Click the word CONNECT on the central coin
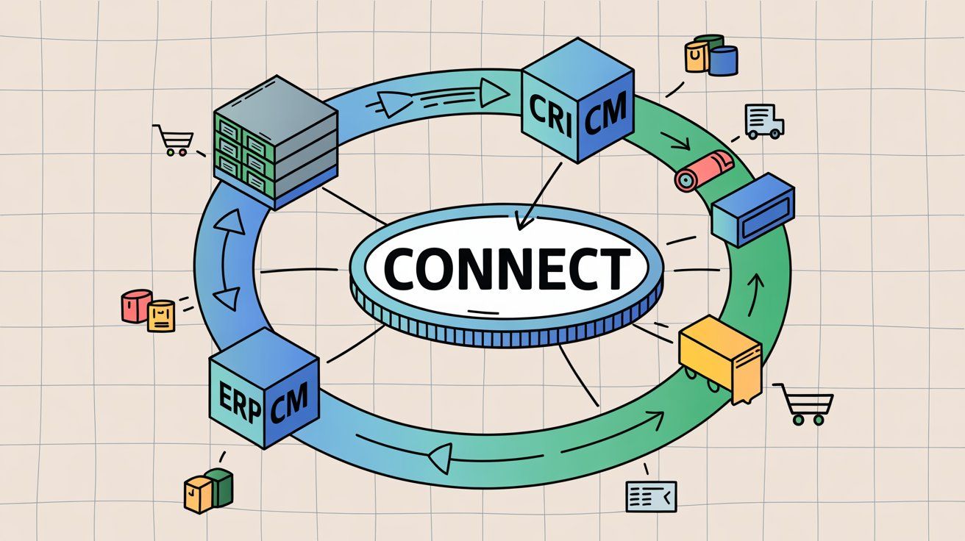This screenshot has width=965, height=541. click(508, 268)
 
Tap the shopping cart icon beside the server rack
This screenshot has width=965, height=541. click(174, 140)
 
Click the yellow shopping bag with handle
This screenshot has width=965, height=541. click(696, 56)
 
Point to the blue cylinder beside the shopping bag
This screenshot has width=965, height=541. click(724, 60)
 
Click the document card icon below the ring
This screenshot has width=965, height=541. click(650, 496)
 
